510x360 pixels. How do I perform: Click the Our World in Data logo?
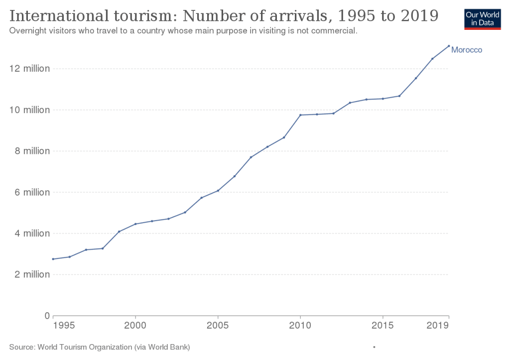click(482, 18)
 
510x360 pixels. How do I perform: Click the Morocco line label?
click(467, 50)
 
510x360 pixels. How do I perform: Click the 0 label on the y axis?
click(48, 316)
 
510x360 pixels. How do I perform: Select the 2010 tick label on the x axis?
click(300, 326)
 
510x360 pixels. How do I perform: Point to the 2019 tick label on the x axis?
click(439, 326)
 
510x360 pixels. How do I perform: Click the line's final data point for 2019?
click(449, 46)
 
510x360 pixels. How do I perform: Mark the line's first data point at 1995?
click(53, 259)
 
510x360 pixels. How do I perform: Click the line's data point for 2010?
click(300, 115)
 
